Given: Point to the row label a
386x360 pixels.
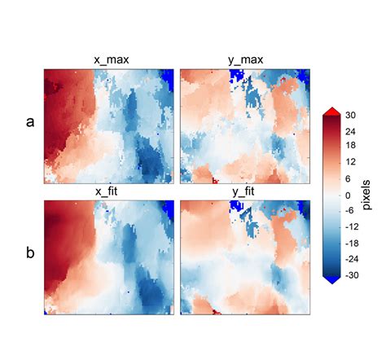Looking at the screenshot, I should pos(30,122).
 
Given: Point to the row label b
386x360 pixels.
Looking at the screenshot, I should pos(30,253).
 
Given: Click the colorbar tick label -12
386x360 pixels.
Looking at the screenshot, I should pos(351,227).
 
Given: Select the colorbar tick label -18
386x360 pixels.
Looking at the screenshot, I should pos(351,243).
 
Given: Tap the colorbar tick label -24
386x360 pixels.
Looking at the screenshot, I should pos(351,259).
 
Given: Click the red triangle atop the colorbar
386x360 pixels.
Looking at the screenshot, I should pos(331,111).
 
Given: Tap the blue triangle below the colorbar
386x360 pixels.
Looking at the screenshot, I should pos(331,279).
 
